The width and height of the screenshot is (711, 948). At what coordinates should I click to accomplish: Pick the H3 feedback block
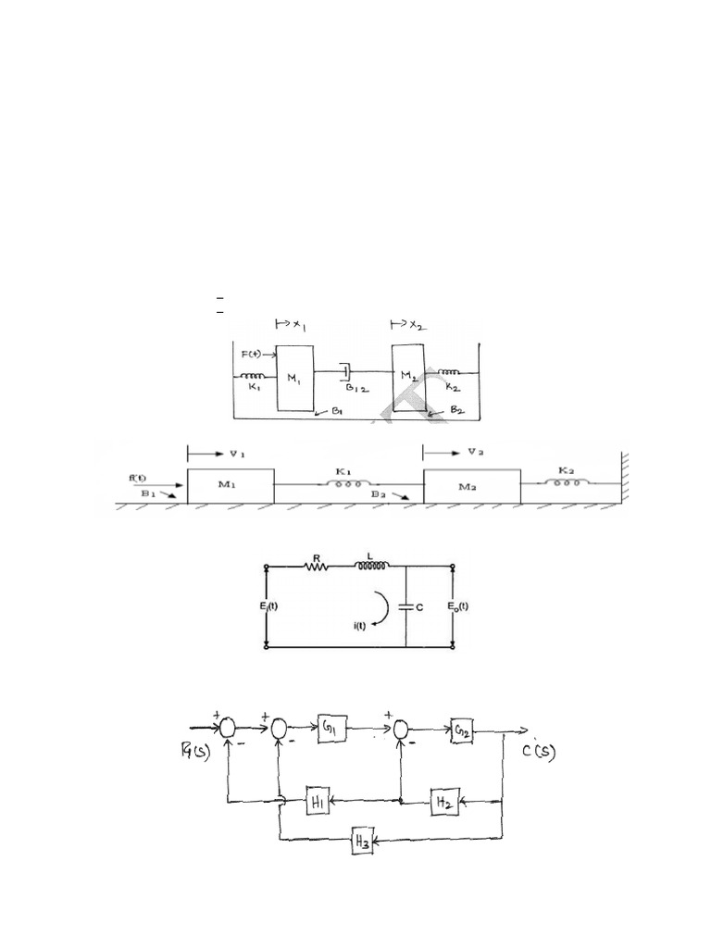tap(362, 842)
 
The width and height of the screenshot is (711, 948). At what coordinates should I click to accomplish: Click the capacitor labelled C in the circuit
tap(408, 606)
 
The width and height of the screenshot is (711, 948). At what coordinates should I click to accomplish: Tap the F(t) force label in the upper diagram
tap(252, 355)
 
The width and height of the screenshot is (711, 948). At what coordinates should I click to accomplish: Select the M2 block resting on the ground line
tap(471, 486)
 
